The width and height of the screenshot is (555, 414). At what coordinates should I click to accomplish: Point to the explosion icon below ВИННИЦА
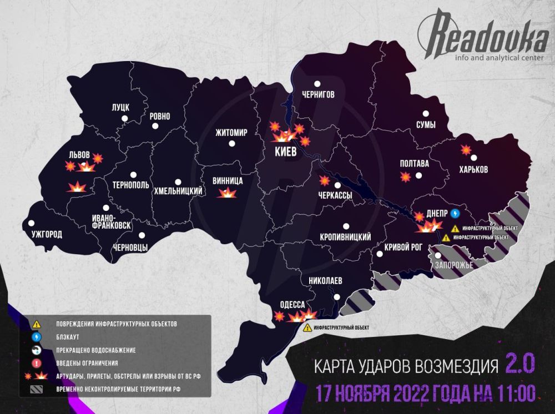coord(228,193)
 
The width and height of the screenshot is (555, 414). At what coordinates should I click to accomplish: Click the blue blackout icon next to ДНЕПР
coord(456,213)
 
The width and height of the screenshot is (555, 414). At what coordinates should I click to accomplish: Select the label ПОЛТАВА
coord(415,164)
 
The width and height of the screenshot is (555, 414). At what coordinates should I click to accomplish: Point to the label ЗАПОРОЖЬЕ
coord(453,265)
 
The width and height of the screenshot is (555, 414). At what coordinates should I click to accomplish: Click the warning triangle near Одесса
coord(307,327)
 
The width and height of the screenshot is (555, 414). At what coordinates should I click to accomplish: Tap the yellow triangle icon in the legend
coord(36,323)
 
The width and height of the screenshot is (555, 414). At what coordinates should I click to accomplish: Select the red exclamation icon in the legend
coord(36,363)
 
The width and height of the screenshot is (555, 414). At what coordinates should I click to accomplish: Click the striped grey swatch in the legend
coord(36,390)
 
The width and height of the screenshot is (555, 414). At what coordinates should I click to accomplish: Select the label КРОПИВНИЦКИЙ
coord(345,237)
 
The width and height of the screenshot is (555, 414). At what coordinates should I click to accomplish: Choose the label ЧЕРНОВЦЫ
coord(130,248)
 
